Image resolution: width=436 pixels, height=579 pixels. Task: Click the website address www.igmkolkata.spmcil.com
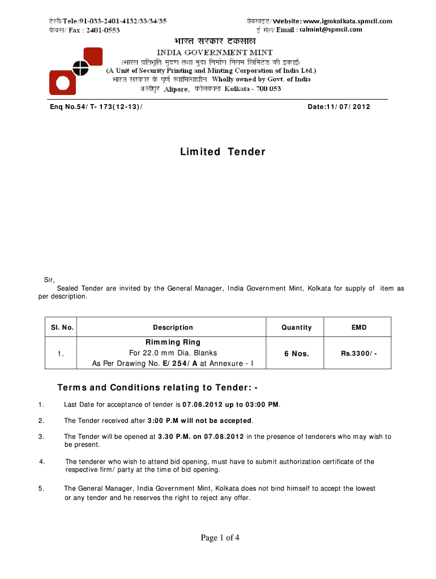[x=347, y=21]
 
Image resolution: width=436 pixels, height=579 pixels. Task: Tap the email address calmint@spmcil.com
[x=331, y=29]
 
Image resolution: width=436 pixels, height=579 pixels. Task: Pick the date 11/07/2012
[x=339, y=106]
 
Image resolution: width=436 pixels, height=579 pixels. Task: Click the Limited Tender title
[x=223, y=152]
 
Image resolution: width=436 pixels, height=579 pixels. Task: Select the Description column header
[x=173, y=327]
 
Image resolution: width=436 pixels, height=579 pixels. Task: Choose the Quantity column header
[x=297, y=327]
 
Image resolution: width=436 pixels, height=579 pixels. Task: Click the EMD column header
[x=359, y=327]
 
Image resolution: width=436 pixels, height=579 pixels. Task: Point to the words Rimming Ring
[x=173, y=342]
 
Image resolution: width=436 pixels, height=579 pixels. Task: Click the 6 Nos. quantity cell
[x=297, y=353]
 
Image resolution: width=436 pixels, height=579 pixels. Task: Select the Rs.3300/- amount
[x=358, y=353]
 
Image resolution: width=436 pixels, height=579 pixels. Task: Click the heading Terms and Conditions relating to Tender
[x=158, y=388]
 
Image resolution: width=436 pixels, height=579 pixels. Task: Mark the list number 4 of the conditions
[x=42, y=462]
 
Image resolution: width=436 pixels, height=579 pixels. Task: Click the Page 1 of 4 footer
[x=220, y=538]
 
